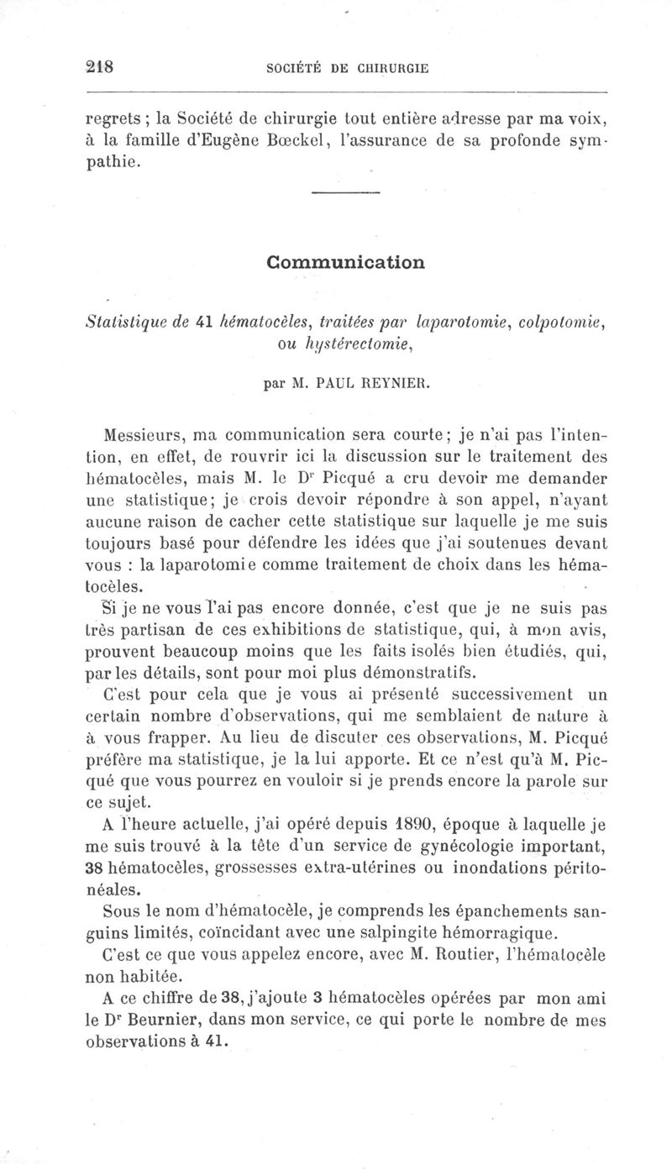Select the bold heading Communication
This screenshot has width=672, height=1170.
click(x=345, y=261)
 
